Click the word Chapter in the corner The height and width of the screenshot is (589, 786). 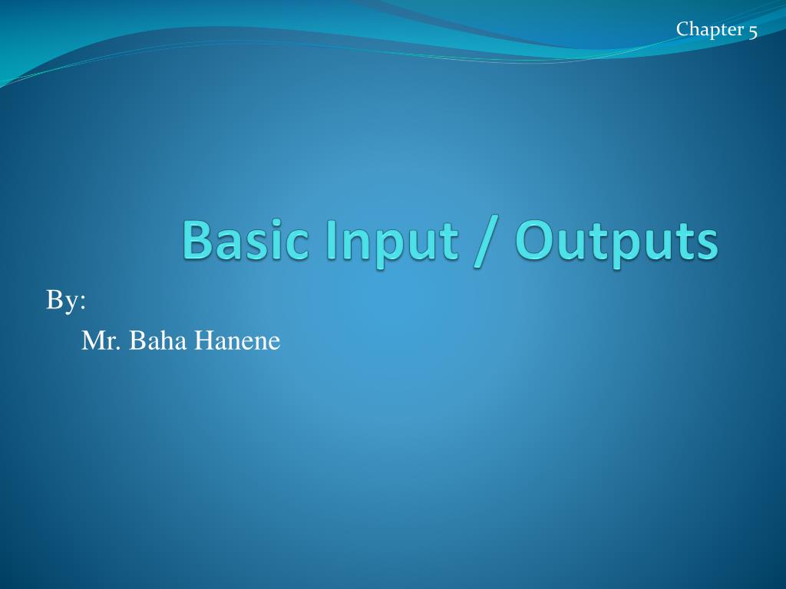tap(710, 30)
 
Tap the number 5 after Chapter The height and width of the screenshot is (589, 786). tap(753, 31)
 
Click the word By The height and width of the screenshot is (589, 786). tap(62, 301)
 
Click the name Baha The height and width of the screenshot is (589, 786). tap(157, 340)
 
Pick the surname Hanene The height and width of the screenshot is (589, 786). tap(237, 340)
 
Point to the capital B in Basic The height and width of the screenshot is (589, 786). tap(197, 239)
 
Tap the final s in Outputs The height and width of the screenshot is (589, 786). tap(706, 244)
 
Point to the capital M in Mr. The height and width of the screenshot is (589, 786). tap(92, 340)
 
